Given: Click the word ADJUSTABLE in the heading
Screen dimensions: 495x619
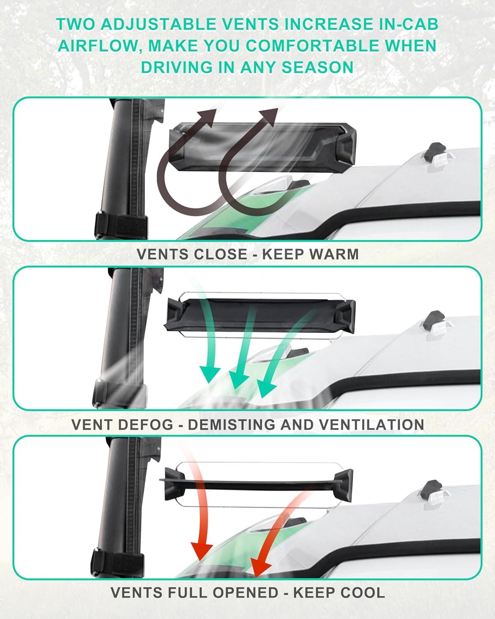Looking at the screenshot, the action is point(158,24).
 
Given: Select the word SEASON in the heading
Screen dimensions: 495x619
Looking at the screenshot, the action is point(318,68).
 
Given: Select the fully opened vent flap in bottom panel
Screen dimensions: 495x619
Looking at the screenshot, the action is point(256,486).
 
